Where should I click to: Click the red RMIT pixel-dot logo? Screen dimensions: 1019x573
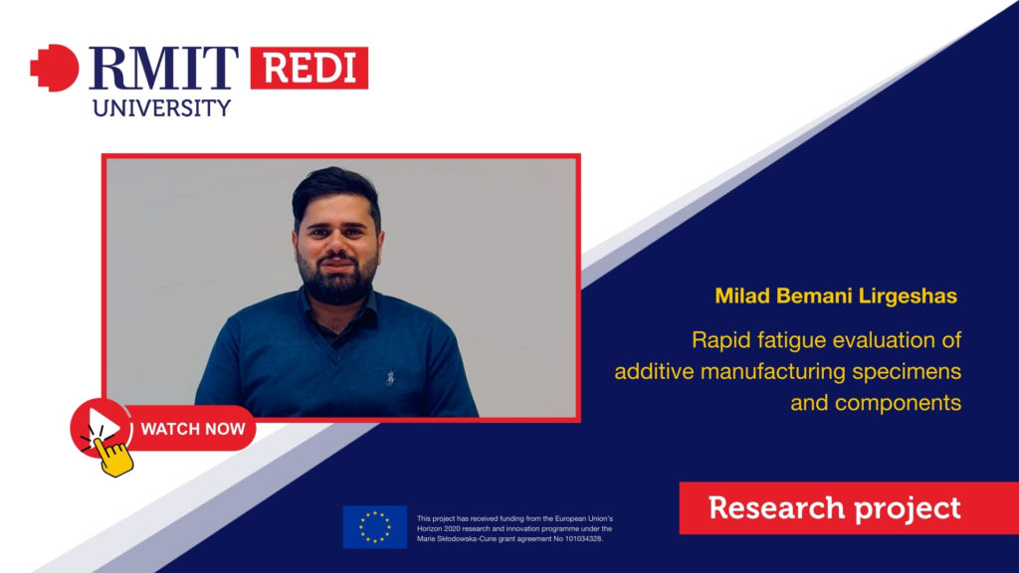click(x=55, y=68)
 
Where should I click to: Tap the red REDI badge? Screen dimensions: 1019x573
click(x=309, y=68)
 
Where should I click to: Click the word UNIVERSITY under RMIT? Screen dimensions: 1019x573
click(x=162, y=107)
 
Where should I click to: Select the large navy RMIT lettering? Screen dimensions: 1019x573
click(x=163, y=68)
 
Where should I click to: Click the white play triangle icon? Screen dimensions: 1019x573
click(x=103, y=426)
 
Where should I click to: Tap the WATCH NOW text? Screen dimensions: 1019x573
click(x=193, y=429)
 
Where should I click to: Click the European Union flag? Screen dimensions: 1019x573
click(x=375, y=527)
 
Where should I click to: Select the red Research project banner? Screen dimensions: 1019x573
click(x=849, y=508)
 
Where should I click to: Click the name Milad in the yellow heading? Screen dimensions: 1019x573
click(x=742, y=296)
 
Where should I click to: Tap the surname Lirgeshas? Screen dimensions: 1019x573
click(x=908, y=296)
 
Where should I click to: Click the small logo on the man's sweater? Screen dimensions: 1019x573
click(x=390, y=377)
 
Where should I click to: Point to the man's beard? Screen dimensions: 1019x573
click(x=337, y=281)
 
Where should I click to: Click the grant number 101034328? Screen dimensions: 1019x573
click(x=582, y=538)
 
